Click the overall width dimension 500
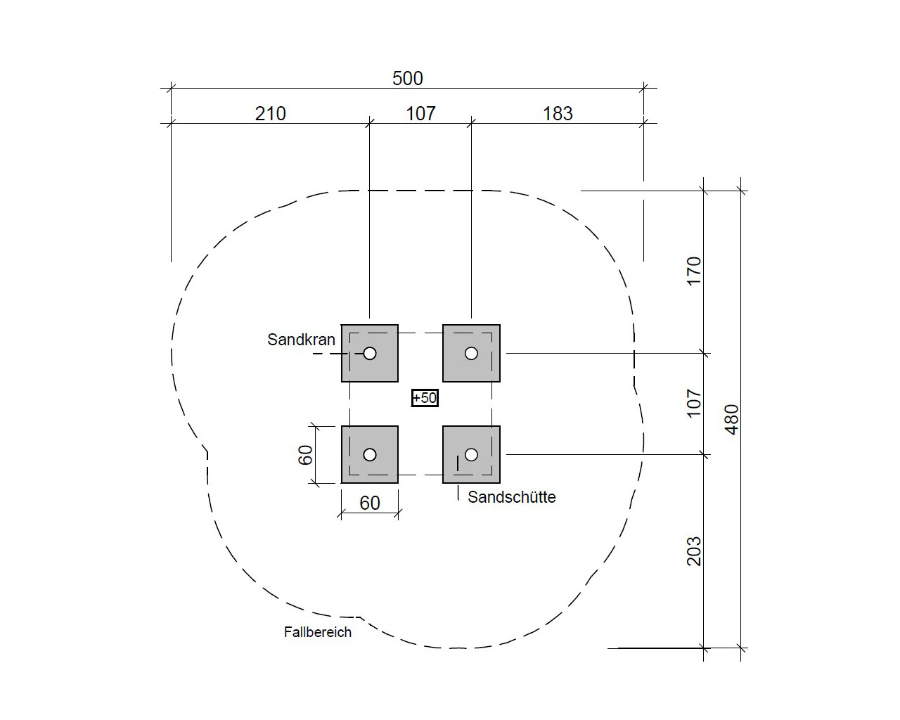[407, 79]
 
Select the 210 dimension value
[271, 114]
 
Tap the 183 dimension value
[558, 114]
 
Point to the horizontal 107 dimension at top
[420, 114]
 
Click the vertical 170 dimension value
[694, 271]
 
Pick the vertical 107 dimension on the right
[694, 404]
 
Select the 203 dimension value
[694, 551]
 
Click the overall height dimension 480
[731, 420]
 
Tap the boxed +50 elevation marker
[425, 397]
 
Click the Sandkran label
[301, 340]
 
